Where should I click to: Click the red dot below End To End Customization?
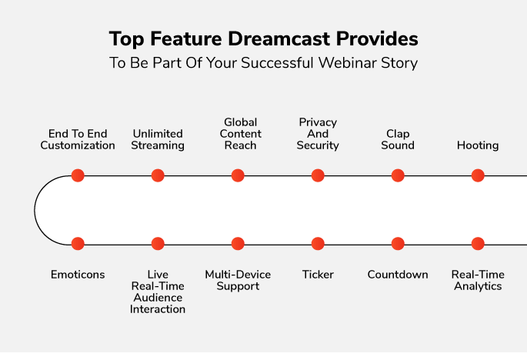(78, 175)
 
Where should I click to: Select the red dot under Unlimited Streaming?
(158, 175)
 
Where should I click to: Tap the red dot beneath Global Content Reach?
(238, 175)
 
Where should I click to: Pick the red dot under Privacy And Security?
(318, 175)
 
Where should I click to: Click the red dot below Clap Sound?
(398, 175)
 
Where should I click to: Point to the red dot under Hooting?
(478, 175)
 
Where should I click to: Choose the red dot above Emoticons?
(78, 244)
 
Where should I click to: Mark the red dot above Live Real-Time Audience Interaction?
(158, 244)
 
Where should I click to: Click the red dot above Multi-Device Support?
(238, 244)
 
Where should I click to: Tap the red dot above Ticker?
(318, 244)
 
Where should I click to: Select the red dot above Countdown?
(398, 244)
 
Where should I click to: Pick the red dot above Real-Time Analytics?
(478, 244)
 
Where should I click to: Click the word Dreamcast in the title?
(279, 38)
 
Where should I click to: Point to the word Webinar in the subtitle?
(348, 63)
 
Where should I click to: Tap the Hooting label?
(478, 145)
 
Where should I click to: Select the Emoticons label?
(78, 275)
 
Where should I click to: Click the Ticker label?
(318, 275)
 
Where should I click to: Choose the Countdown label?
(398, 275)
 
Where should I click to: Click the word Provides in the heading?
(377, 38)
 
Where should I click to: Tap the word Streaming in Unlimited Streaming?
(158, 145)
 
